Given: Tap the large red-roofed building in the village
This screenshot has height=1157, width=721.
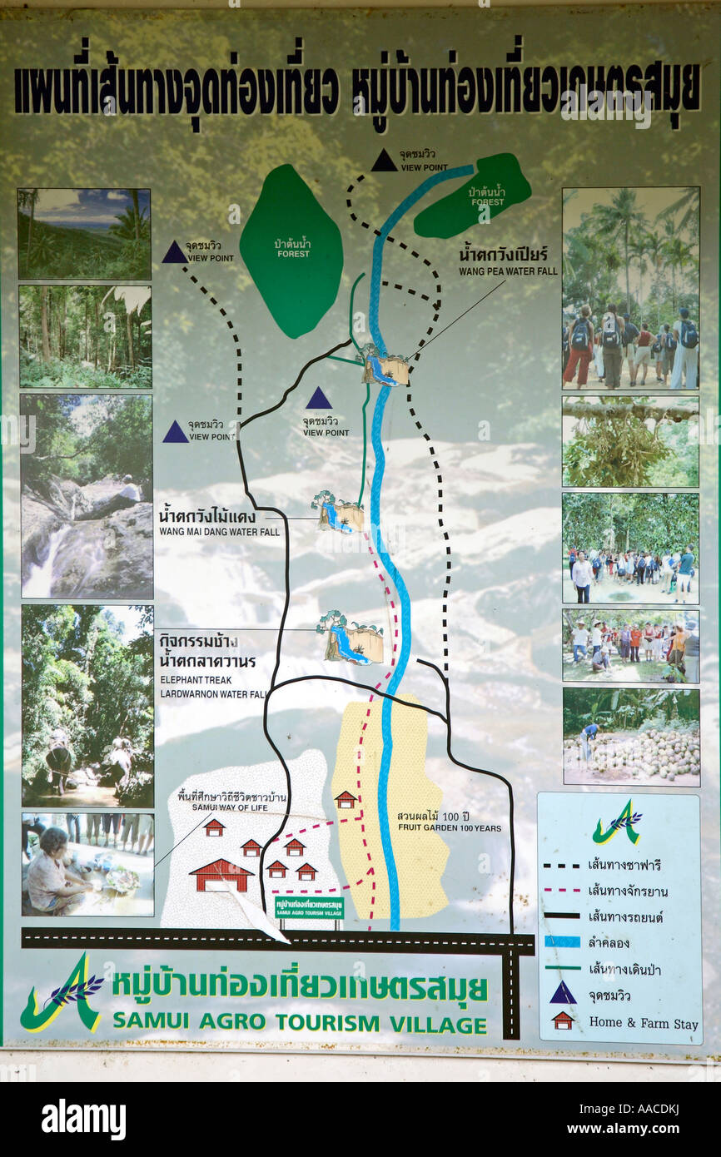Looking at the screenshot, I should tap(221, 876).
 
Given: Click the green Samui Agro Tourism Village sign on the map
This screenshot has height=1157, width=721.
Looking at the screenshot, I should tap(309, 907).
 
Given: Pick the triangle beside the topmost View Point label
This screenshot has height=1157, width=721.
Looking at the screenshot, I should tap(384, 161).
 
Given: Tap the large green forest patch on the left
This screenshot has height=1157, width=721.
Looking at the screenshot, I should tap(291, 250).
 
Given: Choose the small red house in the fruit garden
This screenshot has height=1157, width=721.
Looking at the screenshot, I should tap(346, 800).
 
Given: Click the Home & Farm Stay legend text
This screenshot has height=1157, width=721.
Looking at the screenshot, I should tap(643, 1023).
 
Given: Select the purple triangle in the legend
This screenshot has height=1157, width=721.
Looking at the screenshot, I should tap(563, 993).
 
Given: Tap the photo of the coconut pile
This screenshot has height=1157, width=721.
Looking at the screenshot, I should tap(630, 737).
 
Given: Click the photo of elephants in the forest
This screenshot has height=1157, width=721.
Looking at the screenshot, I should tap(87, 706).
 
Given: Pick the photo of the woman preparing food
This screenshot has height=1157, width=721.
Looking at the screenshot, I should tap(87, 864).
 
